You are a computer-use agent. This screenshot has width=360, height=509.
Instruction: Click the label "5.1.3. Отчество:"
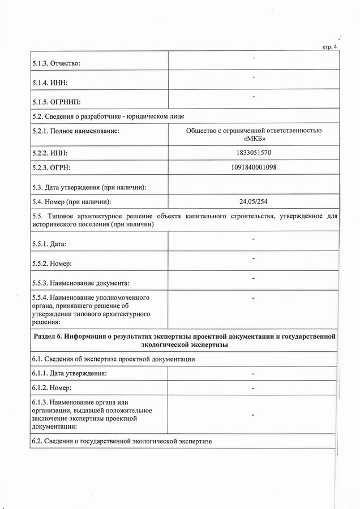tap(55, 63)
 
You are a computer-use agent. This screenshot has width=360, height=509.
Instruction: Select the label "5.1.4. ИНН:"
tap(50, 83)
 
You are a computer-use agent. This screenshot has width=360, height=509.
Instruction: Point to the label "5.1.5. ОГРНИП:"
tap(57, 102)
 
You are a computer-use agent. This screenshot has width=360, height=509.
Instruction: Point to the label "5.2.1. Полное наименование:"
tap(76, 131)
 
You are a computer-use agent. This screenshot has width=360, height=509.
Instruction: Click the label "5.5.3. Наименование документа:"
tap(80, 282)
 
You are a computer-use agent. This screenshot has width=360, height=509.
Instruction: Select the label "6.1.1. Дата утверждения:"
tap(70, 373)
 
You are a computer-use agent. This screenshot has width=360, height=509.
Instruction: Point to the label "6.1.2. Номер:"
tap(54, 388)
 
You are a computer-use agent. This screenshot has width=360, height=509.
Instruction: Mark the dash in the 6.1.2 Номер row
tap(254, 389)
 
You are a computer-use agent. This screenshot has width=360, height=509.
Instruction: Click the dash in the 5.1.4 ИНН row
tap(254, 77)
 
